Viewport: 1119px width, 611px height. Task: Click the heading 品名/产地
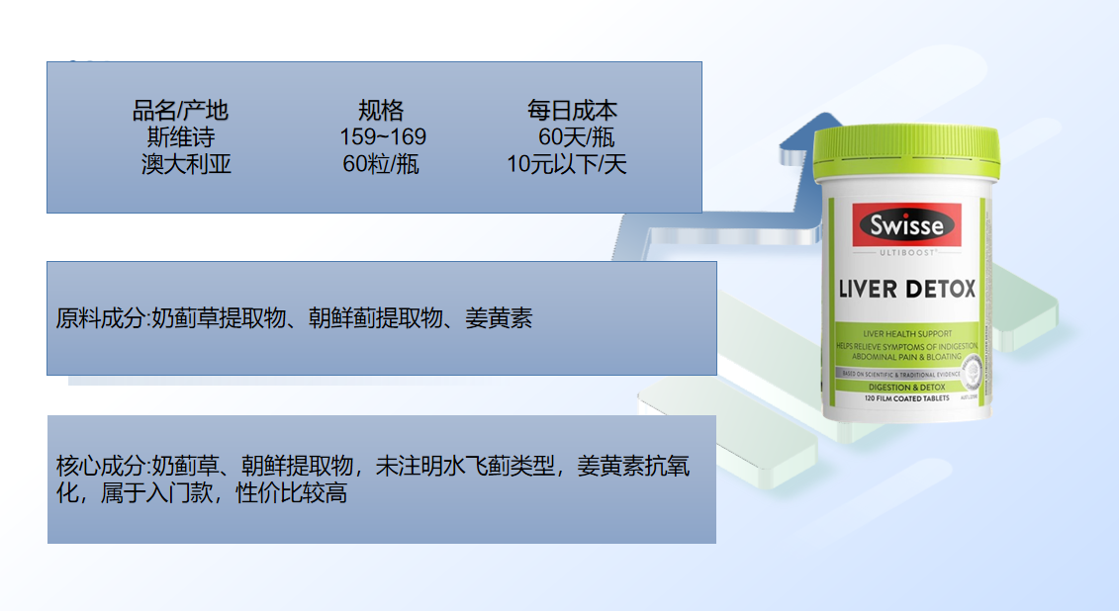click(x=180, y=110)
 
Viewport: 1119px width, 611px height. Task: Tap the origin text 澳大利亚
click(x=186, y=164)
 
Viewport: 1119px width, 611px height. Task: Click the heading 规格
click(x=381, y=110)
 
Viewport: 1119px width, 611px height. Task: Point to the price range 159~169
click(x=382, y=136)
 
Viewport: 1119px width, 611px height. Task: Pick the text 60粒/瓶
click(x=381, y=164)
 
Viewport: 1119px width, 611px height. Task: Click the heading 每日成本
click(x=572, y=110)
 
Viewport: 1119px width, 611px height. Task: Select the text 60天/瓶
click(x=576, y=136)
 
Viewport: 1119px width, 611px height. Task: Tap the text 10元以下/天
click(x=567, y=164)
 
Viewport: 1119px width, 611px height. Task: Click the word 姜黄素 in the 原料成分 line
click(x=499, y=319)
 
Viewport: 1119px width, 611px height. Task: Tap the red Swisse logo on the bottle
click(x=906, y=226)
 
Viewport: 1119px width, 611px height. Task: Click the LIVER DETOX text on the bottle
click(x=906, y=289)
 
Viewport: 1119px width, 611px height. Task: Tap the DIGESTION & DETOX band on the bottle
click(x=904, y=387)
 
